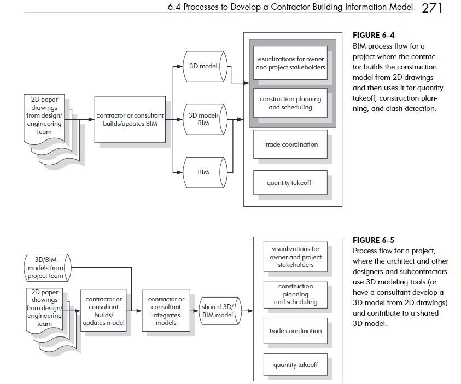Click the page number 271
pyautogui.click(x=432, y=8)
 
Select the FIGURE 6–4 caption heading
pyautogui.click(x=374, y=36)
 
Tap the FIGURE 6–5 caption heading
pyautogui.click(x=374, y=240)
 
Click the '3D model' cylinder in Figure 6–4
pyautogui.click(x=205, y=66)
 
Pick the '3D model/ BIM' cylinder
pyautogui.click(x=205, y=119)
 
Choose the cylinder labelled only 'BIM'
pyautogui.click(x=205, y=172)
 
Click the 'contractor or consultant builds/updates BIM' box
pyautogui.click(x=130, y=119)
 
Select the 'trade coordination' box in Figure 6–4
pyautogui.click(x=290, y=144)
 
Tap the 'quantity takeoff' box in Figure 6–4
pyautogui.click(x=290, y=183)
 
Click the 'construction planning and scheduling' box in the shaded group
pyautogui.click(x=290, y=103)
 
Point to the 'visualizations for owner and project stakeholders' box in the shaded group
pyautogui.click(x=290, y=63)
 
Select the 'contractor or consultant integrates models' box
pyautogui.click(x=166, y=311)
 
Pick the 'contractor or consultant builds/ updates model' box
pyautogui.click(x=103, y=311)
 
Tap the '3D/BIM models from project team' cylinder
pyautogui.click(x=48, y=268)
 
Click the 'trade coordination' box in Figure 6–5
pyautogui.click(x=295, y=331)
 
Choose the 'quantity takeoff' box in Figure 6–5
pyautogui.click(x=295, y=365)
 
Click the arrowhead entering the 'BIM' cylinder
pyautogui.click(x=179, y=172)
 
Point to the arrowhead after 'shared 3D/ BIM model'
pyautogui.click(x=250, y=311)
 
